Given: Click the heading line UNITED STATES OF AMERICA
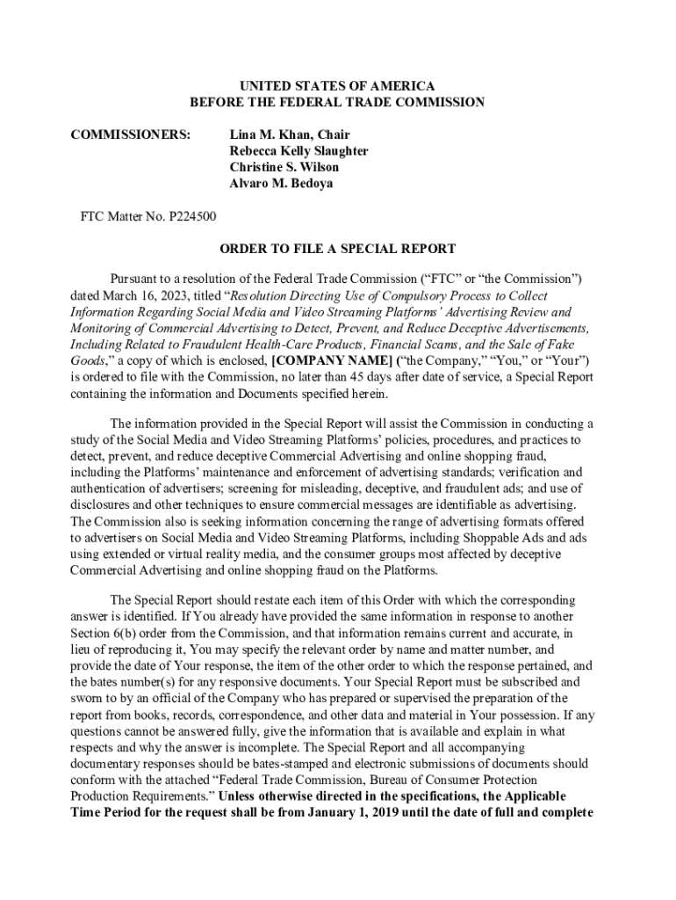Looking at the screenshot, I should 337,86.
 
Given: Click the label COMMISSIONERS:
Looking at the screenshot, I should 131,134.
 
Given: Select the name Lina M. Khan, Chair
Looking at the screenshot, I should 289,134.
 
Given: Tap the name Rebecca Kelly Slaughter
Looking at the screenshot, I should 298,151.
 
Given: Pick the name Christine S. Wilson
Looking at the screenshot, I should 284,167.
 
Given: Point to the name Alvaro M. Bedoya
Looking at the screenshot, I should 281,184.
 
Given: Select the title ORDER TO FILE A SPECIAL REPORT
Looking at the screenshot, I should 337,249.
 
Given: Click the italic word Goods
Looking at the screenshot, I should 87,361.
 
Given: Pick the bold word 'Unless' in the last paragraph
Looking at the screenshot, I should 240,796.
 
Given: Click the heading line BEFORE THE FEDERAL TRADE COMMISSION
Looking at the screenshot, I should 337,103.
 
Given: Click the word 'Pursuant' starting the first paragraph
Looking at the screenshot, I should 136,279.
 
